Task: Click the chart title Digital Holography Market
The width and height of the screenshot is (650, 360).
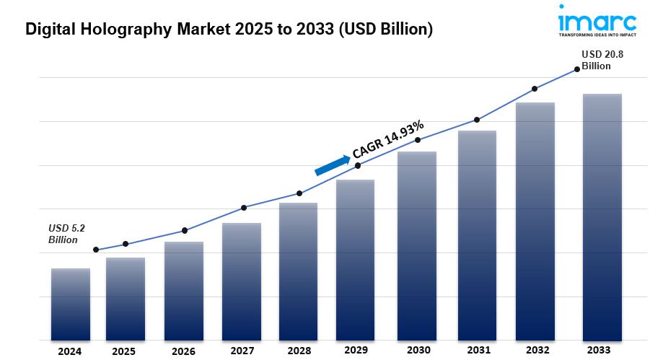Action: click(229, 30)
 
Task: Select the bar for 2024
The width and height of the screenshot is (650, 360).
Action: click(71, 304)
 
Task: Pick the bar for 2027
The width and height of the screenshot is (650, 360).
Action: click(242, 281)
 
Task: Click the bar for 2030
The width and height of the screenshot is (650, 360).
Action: click(418, 245)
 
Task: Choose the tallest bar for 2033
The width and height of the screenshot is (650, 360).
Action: click(602, 216)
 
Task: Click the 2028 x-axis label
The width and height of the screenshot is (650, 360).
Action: click(299, 350)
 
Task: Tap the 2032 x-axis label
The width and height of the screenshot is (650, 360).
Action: click(535, 350)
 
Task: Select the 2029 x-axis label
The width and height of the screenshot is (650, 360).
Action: click(357, 350)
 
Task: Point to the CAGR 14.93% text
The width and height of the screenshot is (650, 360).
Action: click(387, 139)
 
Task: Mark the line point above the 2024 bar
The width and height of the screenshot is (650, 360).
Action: click(96, 250)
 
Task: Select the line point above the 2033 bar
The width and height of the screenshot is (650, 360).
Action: click(577, 69)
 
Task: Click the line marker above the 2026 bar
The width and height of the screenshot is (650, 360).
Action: click(185, 230)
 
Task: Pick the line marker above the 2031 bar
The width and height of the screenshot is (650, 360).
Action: click(477, 119)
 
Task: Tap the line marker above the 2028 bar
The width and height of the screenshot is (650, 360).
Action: click(299, 193)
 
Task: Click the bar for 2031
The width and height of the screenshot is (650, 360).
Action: click(477, 234)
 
